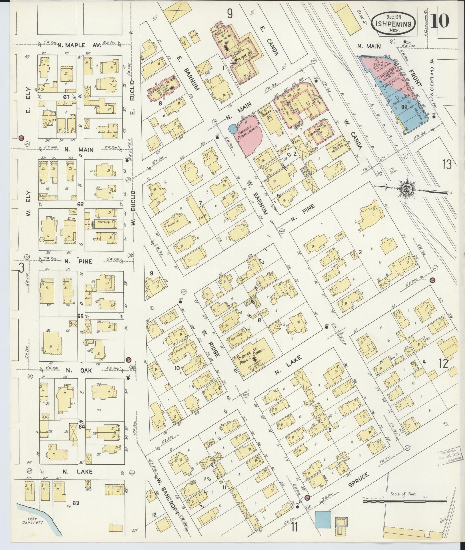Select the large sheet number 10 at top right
tap(440, 21)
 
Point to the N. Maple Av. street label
tap(79, 45)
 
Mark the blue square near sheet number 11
tap(323, 519)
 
